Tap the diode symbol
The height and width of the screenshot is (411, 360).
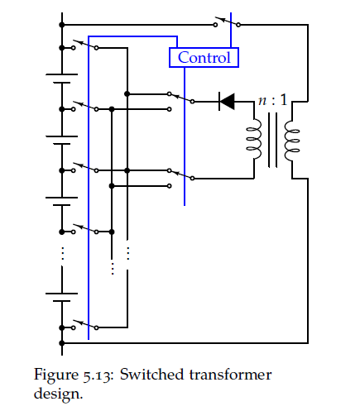pyautogui.click(x=227, y=102)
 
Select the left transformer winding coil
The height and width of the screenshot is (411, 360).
pyautogui.click(x=254, y=139)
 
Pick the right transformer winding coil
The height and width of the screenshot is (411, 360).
pyautogui.click(x=292, y=141)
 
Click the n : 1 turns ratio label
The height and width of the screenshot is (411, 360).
pyautogui.click(x=273, y=100)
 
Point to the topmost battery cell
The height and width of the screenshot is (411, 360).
pyautogui.click(x=62, y=79)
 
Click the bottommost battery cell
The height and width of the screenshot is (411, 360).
pyautogui.click(x=62, y=298)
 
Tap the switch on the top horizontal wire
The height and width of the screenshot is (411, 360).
pyautogui.click(x=227, y=22)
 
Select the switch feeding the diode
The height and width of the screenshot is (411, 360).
pyautogui.click(x=180, y=98)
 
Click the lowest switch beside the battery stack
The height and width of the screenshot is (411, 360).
pyautogui.click(x=84, y=324)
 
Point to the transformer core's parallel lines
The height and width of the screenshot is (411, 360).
pyautogui.click(x=272, y=140)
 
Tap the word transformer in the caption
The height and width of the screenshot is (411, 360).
pyautogui.click(x=230, y=375)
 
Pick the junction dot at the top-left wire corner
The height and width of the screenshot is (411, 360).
pyautogui.click(x=62, y=25)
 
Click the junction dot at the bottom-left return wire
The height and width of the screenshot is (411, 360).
pyautogui.click(x=62, y=343)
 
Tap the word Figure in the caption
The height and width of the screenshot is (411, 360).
pyautogui.click(x=56, y=375)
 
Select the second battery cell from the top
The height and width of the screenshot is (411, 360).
pyautogui.click(x=62, y=140)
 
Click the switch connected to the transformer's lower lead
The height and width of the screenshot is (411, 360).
pyautogui.click(x=180, y=174)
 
